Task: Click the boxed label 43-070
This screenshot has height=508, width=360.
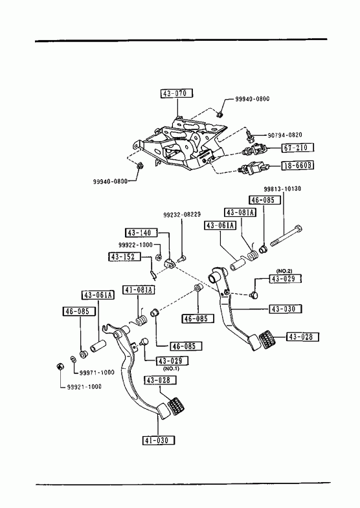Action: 177,93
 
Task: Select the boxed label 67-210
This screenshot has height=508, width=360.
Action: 297,148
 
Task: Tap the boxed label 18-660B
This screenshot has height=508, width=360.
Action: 297,165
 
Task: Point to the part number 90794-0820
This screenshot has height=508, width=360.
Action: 284,135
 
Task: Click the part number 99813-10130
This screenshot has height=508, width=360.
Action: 282,188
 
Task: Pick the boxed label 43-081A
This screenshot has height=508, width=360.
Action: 240,212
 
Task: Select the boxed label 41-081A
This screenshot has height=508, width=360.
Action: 139,290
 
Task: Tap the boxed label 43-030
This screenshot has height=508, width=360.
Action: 285,309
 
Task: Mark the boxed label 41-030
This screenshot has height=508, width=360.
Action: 158,440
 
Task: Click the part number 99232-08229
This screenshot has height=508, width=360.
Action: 182,214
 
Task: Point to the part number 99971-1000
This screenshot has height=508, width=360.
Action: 97,373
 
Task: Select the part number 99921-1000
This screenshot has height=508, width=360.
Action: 84,386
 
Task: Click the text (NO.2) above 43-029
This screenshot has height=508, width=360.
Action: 284,271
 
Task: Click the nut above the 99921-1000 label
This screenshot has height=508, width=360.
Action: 60,366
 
